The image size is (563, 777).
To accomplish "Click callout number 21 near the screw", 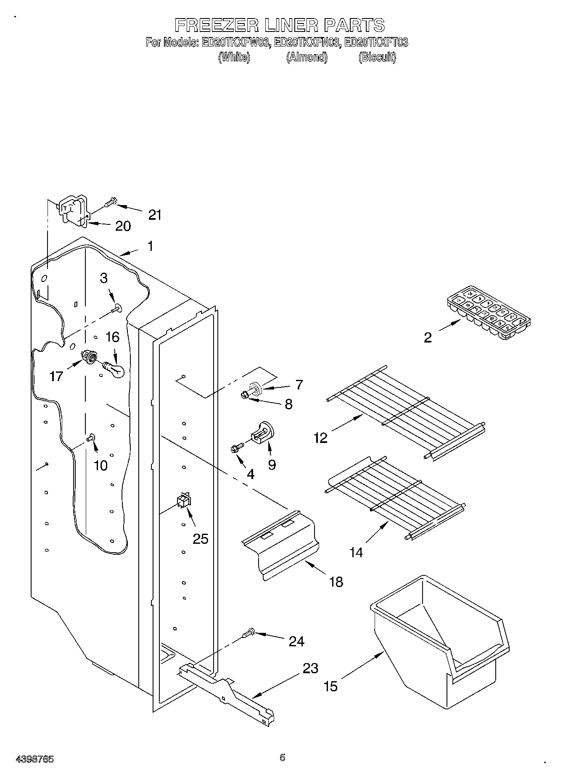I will [155, 215].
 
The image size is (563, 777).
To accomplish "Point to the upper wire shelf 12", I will [406, 412].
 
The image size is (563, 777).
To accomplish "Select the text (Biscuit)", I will [377, 57].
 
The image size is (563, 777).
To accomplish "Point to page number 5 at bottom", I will [282, 757].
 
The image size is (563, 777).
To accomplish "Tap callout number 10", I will [101, 465].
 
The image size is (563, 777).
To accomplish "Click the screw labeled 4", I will [235, 448].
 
